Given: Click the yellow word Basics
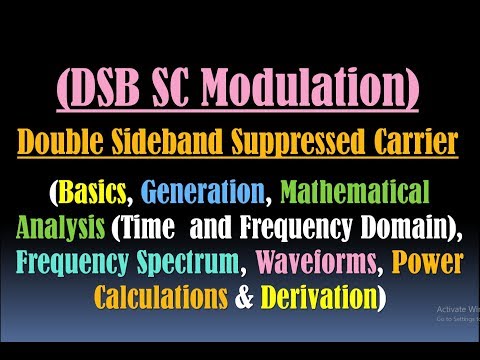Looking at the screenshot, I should (97, 191).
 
